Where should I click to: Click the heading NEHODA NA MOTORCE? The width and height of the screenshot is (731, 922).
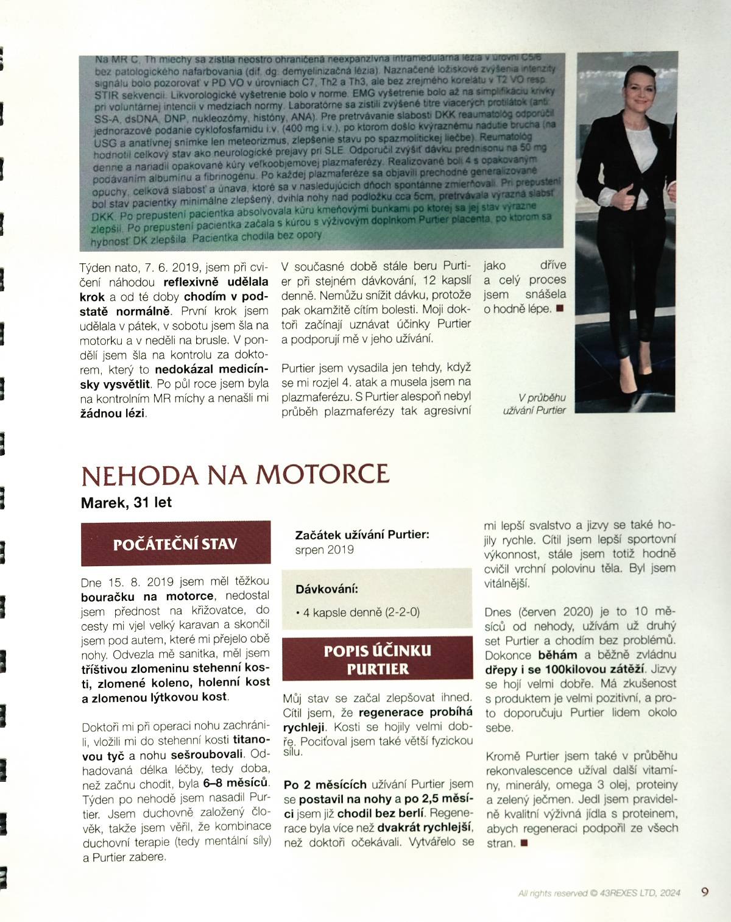[235, 475]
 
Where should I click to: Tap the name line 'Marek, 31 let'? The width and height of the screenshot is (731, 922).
[126, 503]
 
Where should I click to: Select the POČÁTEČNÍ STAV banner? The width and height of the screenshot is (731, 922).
[175, 544]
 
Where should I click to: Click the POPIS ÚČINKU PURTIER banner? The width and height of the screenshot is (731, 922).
[377, 659]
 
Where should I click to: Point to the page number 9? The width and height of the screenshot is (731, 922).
[705, 892]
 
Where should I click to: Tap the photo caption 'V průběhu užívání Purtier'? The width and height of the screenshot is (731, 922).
[534, 404]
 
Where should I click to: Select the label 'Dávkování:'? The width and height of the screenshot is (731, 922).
[327, 589]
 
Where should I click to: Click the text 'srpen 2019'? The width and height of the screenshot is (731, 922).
[324, 550]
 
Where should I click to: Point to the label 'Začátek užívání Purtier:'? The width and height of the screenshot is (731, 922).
[362, 534]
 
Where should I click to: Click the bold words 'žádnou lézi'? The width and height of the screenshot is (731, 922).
[113, 413]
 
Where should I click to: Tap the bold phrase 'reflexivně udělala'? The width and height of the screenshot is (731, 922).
[216, 282]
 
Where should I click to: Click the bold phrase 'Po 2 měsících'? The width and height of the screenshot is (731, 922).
[325, 784]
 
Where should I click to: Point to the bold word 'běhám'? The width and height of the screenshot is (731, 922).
[557, 655]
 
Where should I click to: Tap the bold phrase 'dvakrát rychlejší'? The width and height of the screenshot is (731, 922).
[425, 828]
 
